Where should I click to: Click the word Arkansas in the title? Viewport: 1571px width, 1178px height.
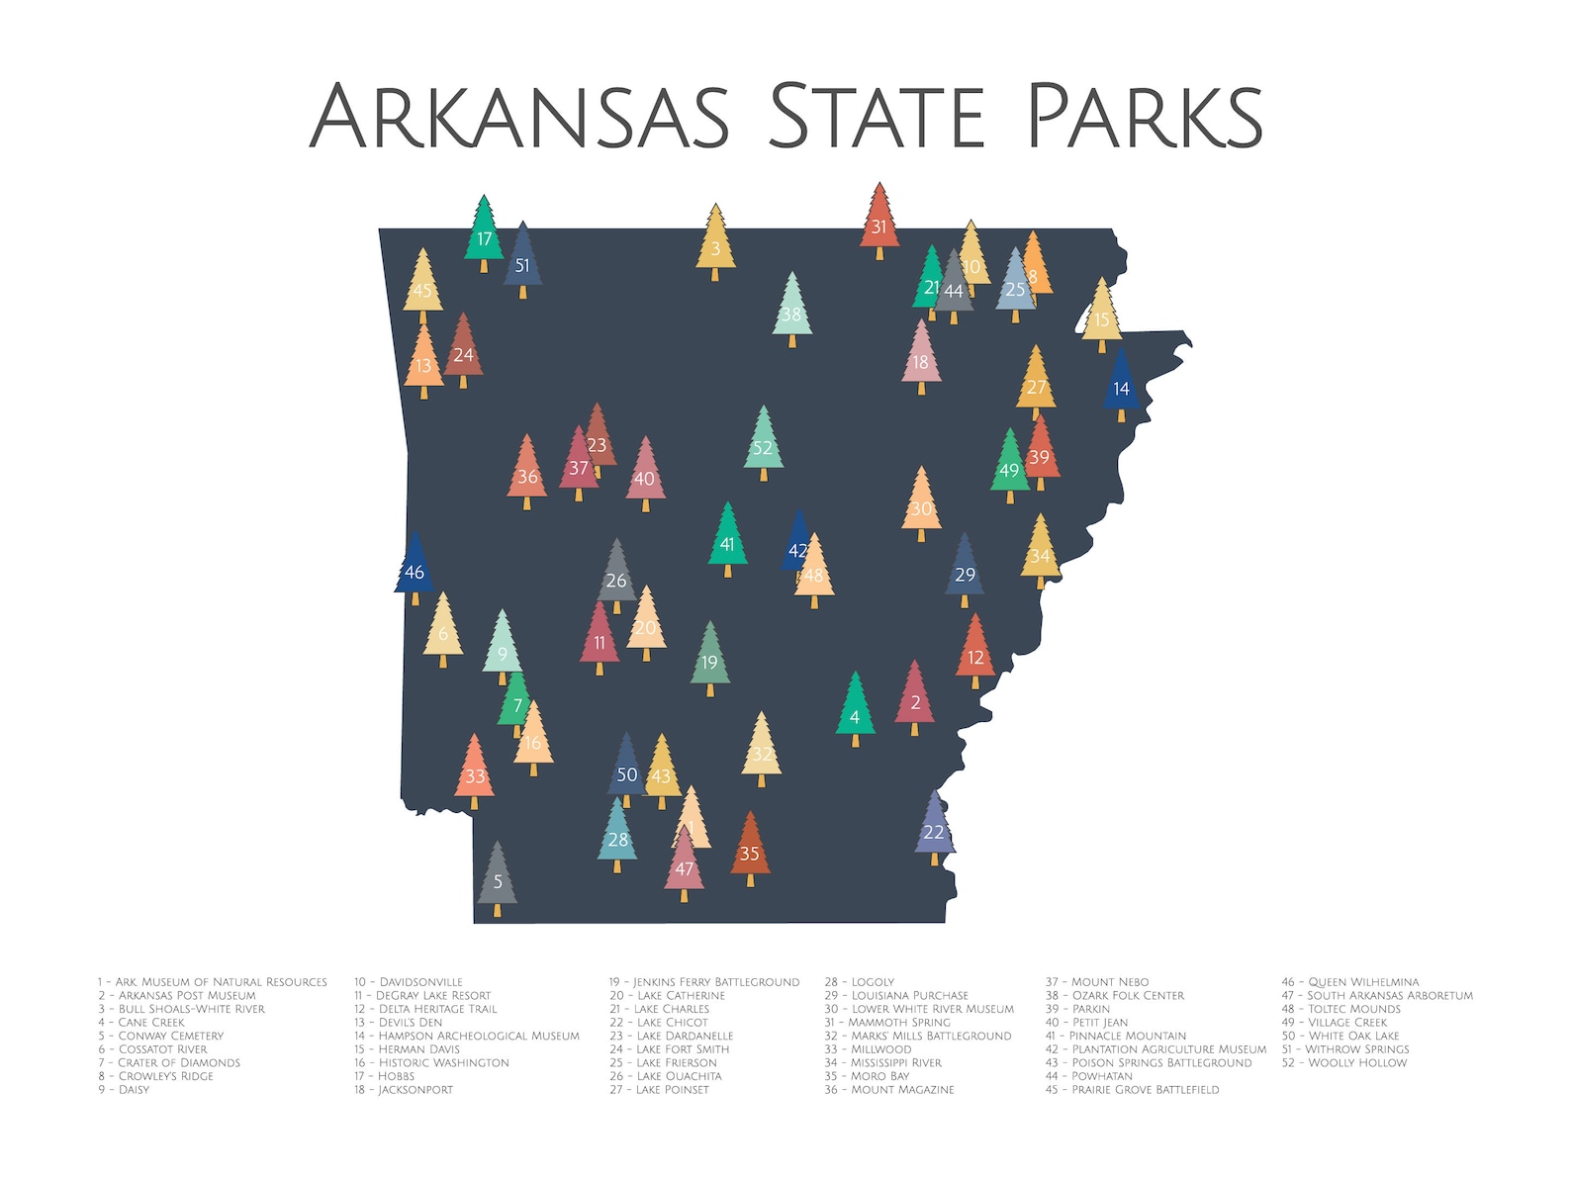519,116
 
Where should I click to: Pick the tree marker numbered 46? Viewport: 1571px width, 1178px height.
415,570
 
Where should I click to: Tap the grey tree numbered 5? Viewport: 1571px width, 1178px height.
498,879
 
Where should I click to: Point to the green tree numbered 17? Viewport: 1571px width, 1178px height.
484,236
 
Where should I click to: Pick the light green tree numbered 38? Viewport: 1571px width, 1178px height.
791,313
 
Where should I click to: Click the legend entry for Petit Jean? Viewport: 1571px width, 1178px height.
1086,1023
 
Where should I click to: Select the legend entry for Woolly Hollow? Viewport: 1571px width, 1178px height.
1343,1063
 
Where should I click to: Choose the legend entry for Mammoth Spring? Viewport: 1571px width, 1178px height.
887,1023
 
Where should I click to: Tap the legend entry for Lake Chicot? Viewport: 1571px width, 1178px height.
659,1023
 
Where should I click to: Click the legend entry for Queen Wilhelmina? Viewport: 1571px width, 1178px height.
1350,982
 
